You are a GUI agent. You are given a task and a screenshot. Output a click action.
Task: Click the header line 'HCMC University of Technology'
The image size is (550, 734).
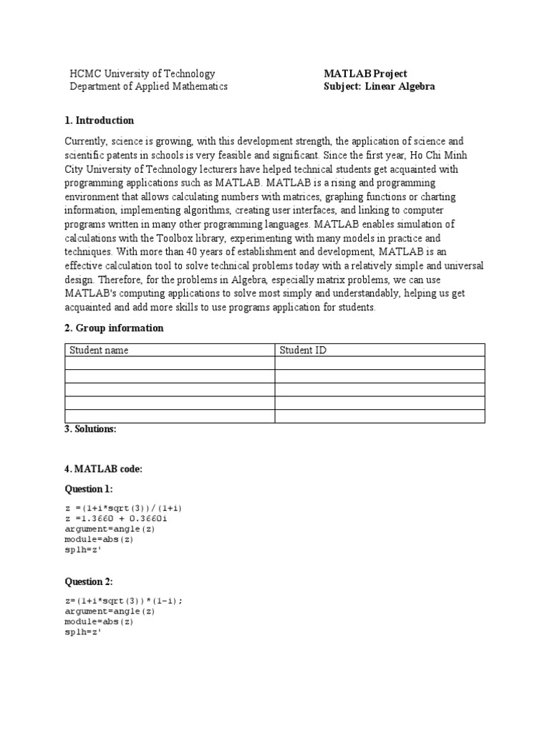pos(142,74)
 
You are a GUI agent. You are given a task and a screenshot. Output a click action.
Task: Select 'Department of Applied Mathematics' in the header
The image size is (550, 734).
pos(148,87)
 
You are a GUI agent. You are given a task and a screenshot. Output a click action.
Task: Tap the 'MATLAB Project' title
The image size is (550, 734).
pos(365,74)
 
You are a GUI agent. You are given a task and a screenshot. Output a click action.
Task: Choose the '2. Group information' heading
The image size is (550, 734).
pos(114,328)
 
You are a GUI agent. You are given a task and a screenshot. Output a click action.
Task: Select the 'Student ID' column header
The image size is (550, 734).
pos(303,351)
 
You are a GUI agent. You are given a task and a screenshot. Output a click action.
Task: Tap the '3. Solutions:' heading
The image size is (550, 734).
pos(90,429)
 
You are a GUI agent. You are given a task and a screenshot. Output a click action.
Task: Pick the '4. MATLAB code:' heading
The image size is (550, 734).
pos(103,469)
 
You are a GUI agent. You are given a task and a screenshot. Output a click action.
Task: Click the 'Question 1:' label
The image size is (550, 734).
pos(89,489)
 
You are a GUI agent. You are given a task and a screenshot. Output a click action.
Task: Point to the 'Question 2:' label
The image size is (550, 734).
pos(89,581)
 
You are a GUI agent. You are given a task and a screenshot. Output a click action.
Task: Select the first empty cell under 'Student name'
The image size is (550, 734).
pos(170,363)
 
